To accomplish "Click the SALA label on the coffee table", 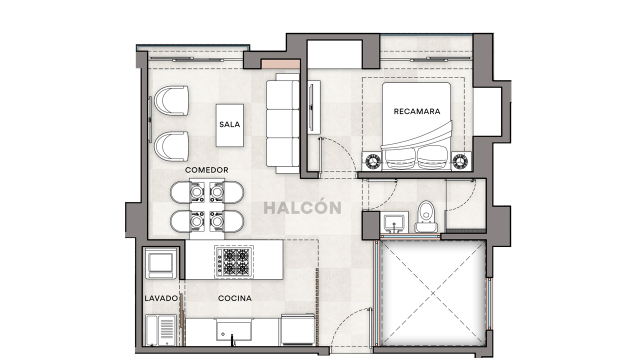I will (229, 124).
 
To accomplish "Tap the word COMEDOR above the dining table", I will (206, 170).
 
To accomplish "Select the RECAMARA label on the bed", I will (417, 111).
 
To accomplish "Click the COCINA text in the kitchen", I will (234, 298).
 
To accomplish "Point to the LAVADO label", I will (161, 298).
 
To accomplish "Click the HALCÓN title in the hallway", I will (302, 208).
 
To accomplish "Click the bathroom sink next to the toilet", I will (395, 222).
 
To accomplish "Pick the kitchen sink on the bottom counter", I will (233, 331).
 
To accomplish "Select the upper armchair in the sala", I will (171, 100).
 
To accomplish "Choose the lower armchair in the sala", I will (171, 146).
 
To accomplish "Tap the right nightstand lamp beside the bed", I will (460, 161).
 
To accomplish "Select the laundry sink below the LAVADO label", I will (160, 330).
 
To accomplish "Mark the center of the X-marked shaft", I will (433, 293).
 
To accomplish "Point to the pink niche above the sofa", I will (280, 64).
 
